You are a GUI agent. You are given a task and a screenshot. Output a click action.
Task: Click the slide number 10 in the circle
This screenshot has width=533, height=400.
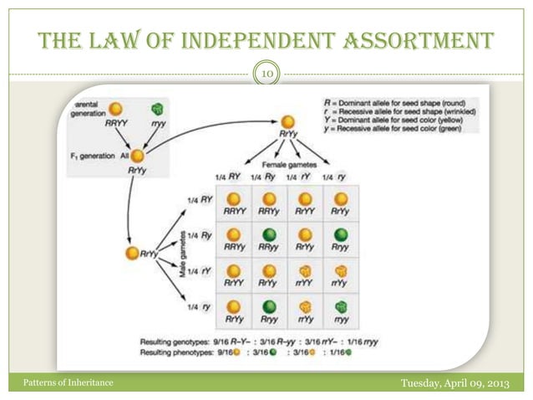click(266, 75)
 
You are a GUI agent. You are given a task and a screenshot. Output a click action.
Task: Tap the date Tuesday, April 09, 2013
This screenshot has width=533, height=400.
click(457, 382)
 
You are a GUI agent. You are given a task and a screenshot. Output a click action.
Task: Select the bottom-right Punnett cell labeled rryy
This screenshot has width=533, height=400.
click(341, 311)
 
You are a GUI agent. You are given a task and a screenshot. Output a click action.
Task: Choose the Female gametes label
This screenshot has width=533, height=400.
click(286, 165)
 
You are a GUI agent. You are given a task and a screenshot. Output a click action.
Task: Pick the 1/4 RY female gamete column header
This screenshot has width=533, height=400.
click(228, 177)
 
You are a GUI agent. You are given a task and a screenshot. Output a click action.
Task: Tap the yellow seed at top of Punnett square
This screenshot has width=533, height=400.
click(287, 121)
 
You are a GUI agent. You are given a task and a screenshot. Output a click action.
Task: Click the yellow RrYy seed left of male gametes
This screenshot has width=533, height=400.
click(133, 254)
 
